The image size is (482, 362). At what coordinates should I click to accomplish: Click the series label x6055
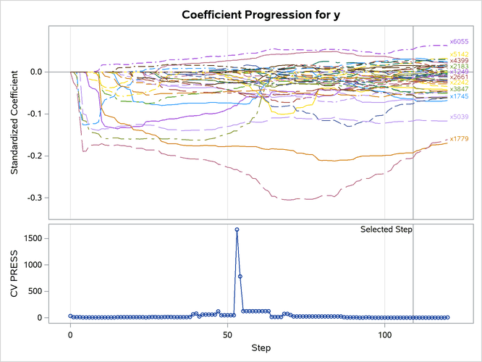pyautogui.click(x=459, y=42)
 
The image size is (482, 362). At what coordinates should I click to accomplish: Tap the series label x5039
pyautogui.click(x=459, y=117)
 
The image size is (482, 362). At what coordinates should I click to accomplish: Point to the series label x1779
pyautogui.click(x=459, y=139)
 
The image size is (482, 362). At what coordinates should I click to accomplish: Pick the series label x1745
pyautogui.click(x=459, y=96)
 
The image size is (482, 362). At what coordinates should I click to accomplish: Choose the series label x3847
pyautogui.click(x=459, y=90)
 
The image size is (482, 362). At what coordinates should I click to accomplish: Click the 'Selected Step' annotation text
pyautogui.click(x=386, y=230)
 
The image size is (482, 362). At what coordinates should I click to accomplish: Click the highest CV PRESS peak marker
pyautogui.click(x=237, y=230)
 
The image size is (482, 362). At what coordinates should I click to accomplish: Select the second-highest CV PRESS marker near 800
pyautogui.click(x=240, y=277)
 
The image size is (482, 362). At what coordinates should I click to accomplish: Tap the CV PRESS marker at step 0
pyautogui.click(x=70, y=316)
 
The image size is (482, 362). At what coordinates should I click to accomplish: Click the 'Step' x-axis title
pyautogui.click(x=261, y=349)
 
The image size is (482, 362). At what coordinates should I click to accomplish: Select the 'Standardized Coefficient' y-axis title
pyautogui.click(x=14, y=121)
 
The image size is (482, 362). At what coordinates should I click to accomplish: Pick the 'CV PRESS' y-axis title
pyautogui.click(x=14, y=274)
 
